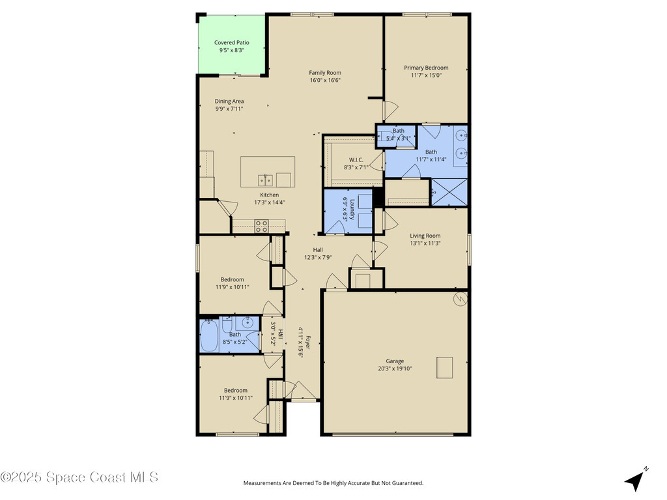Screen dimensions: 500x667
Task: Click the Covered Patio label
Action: point(231,43)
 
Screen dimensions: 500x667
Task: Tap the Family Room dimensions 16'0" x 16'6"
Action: point(325,81)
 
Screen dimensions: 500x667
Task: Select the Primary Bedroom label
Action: point(426,68)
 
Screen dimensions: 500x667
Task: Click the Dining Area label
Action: point(229,102)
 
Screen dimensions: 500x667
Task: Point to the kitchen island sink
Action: point(264,180)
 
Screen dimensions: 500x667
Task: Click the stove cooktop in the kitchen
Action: point(261,226)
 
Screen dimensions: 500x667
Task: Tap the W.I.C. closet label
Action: point(356,160)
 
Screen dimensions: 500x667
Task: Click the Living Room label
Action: point(425,236)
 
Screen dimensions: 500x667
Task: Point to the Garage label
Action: point(395,361)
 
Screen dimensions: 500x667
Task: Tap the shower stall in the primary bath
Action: point(449,192)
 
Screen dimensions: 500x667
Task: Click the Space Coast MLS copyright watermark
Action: point(79,477)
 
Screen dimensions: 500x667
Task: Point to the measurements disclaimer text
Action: point(333,483)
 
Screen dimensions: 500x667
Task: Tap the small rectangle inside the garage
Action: point(445,367)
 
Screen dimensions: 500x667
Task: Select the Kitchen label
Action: point(269,195)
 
